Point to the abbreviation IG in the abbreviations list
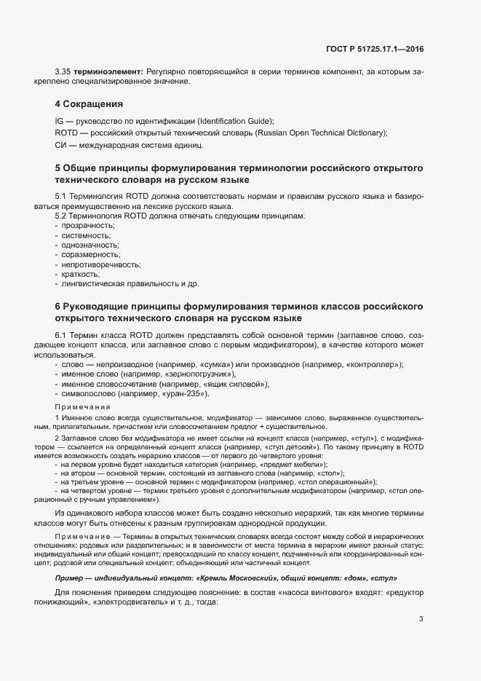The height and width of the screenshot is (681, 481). pos(59,120)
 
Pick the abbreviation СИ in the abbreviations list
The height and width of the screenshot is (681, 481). pos(60,145)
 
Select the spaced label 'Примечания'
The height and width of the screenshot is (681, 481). pos(82,406)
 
